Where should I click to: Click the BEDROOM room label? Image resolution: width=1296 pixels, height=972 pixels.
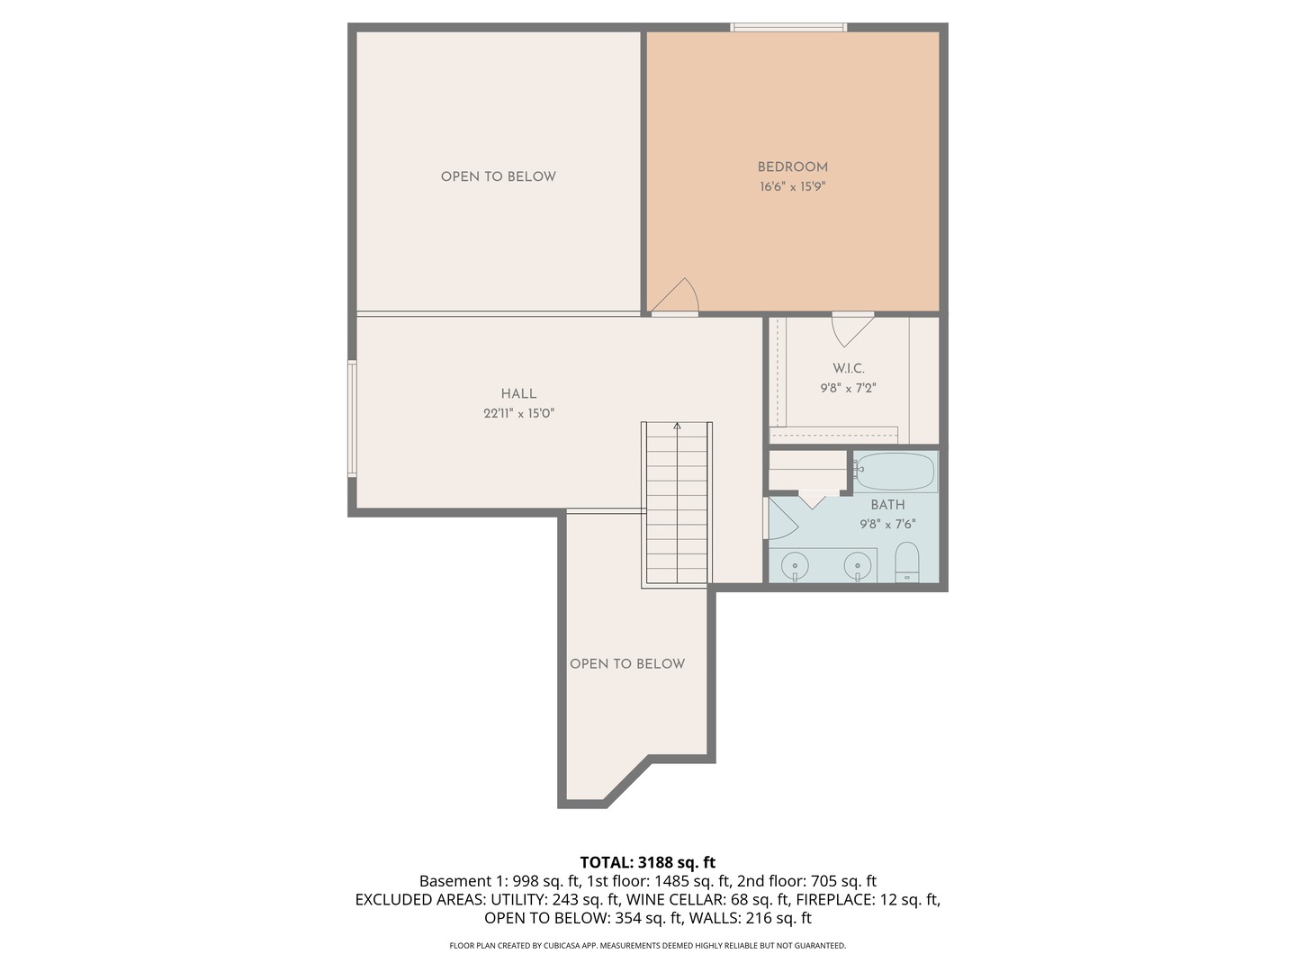tap(792, 166)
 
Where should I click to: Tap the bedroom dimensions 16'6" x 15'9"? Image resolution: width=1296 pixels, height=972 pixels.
tap(792, 187)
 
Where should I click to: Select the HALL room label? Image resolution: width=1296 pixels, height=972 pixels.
tap(518, 393)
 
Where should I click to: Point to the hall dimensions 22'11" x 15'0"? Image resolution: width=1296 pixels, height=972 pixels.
tap(518, 414)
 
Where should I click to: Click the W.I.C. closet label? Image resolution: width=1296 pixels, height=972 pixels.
tap(848, 368)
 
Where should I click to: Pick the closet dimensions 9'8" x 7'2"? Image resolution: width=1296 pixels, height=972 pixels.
tap(848, 389)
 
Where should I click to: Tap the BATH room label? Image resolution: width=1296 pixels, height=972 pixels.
tap(887, 505)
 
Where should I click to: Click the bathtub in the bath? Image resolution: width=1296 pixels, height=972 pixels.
tap(895, 472)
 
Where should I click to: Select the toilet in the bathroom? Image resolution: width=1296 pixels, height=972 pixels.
tap(907, 562)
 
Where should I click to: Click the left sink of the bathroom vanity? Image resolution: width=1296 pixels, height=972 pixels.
tap(795, 566)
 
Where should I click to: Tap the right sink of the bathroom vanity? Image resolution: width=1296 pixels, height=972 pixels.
tap(857, 566)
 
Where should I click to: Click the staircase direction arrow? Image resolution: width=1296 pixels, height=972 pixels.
tap(677, 427)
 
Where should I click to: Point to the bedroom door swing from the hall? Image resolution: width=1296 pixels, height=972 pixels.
tap(677, 298)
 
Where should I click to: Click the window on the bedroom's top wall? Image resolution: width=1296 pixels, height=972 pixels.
tap(788, 28)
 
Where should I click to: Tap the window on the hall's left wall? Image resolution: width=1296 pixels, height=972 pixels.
tap(352, 418)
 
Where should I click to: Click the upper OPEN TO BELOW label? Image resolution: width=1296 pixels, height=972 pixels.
tap(498, 176)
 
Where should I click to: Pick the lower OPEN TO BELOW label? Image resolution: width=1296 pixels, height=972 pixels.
tap(627, 663)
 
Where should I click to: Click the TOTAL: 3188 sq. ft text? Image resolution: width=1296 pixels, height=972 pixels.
tap(647, 862)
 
